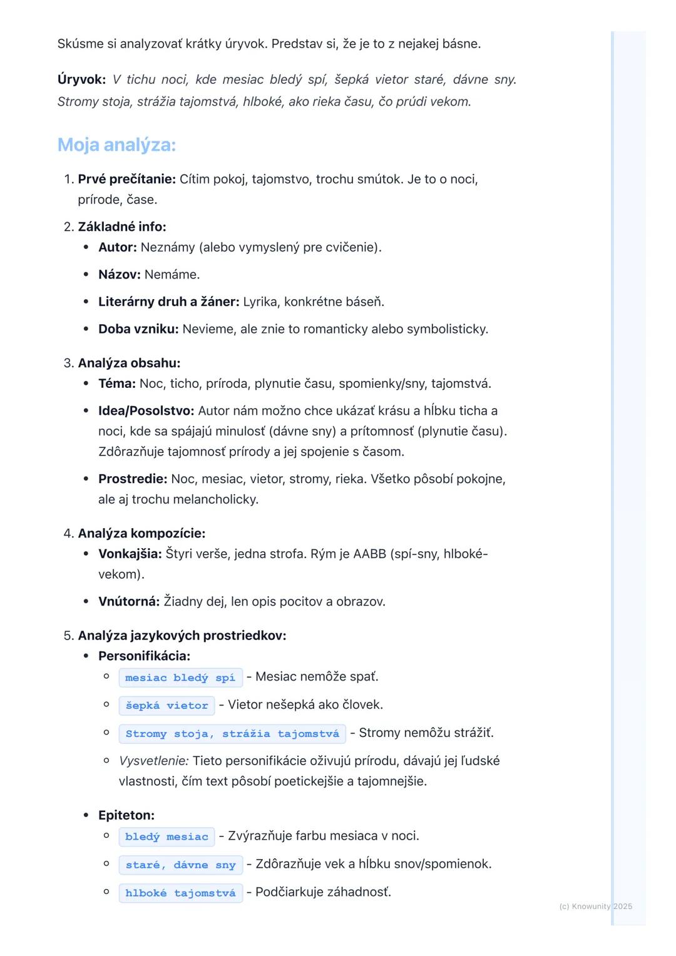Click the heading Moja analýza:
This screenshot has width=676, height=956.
(x=116, y=145)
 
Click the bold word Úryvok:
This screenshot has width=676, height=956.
(x=81, y=79)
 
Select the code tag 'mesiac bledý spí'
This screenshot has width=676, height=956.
(x=180, y=678)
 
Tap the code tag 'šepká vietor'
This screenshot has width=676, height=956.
(x=166, y=706)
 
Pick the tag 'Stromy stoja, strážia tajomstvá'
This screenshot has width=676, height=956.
(x=232, y=734)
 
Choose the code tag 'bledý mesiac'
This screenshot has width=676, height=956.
(x=166, y=837)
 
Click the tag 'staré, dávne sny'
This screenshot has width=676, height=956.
(x=180, y=865)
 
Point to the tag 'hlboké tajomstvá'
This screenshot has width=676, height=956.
(x=180, y=893)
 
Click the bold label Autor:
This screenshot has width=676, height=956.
(x=118, y=247)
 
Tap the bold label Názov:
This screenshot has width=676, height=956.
(x=120, y=275)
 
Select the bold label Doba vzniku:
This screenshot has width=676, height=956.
(x=138, y=329)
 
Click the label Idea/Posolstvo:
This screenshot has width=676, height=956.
(x=146, y=411)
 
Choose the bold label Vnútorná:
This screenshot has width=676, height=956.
(x=129, y=602)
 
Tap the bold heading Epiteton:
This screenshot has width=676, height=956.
(x=126, y=815)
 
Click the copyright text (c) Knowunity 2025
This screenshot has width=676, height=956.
(x=595, y=907)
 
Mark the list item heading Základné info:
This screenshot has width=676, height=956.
(x=122, y=226)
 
